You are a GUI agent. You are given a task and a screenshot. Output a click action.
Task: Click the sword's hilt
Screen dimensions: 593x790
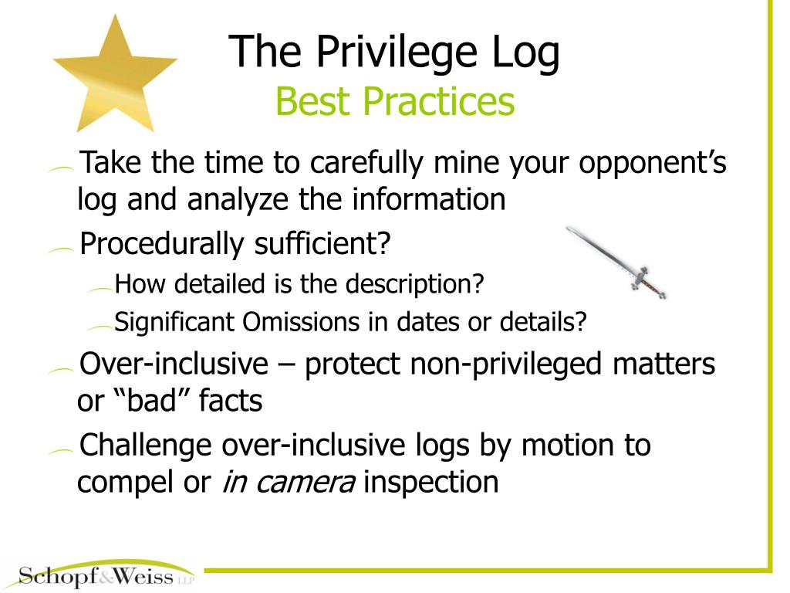[647, 282]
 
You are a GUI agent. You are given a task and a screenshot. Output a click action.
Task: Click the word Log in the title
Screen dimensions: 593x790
[525, 53]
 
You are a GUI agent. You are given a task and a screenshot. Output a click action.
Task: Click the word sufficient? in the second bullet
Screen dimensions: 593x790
[322, 244]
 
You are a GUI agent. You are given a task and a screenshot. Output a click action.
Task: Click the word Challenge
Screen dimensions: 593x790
[146, 446]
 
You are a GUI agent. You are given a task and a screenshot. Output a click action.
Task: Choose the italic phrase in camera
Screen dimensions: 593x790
[289, 482]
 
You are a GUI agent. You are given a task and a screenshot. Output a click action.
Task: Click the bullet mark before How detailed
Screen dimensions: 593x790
[100, 289]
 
